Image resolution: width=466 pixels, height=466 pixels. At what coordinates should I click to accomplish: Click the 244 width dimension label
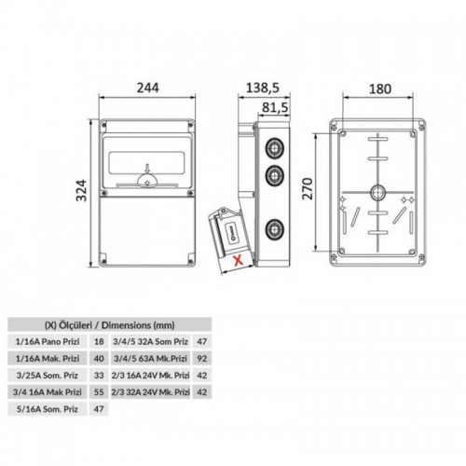pos(148,88)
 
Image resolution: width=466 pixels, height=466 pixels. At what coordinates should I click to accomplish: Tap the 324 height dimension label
pos(82,190)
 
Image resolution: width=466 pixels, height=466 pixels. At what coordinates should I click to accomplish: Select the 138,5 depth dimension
pos(263,88)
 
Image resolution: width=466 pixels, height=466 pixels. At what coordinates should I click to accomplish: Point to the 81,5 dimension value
pos(275,107)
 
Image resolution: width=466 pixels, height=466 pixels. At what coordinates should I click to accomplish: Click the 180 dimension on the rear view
pos(379,89)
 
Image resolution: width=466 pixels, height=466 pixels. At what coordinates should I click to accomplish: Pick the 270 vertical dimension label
pos(308,188)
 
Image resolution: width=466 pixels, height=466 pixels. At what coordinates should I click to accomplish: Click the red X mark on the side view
pos(239,260)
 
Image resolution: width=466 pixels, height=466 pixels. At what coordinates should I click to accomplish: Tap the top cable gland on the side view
pos(275,148)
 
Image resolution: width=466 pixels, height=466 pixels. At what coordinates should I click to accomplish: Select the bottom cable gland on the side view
pos(275,229)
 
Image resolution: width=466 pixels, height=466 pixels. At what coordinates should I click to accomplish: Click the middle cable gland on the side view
pos(275,176)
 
